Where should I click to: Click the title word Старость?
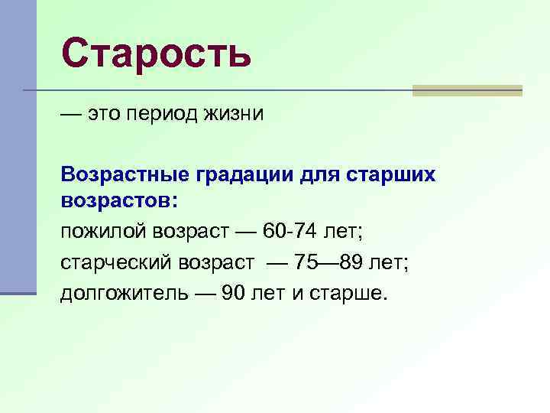pos(156,54)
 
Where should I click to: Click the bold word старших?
pos(393,175)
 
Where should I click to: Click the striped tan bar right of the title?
pos(467,90)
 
